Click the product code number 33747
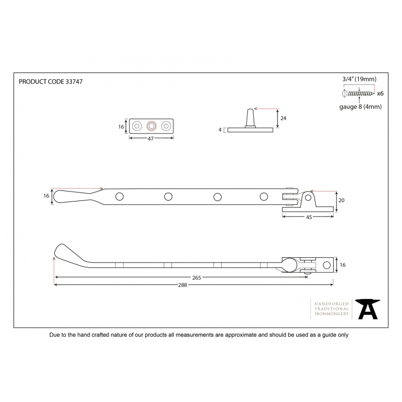point(74,82)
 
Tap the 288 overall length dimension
point(182,285)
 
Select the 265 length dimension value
point(196,278)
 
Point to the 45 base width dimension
point(309,217)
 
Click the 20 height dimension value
point(342,200)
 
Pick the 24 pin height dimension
point(283,118)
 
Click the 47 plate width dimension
point(151,139)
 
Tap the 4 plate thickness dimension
point(220,130)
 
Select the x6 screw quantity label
point(380,93)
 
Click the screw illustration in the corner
point(358,93)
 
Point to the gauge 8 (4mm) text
point(360,107)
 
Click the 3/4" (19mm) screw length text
point(359,79)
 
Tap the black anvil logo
point(368,309)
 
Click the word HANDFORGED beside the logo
point(332,304)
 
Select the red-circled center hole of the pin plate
point(151,126)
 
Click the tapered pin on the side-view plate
point(250,118)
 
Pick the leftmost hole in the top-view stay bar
point(120,196)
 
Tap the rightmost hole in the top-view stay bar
point(264,196)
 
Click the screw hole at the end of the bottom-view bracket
point(327,265)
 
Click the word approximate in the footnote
point(241,335)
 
